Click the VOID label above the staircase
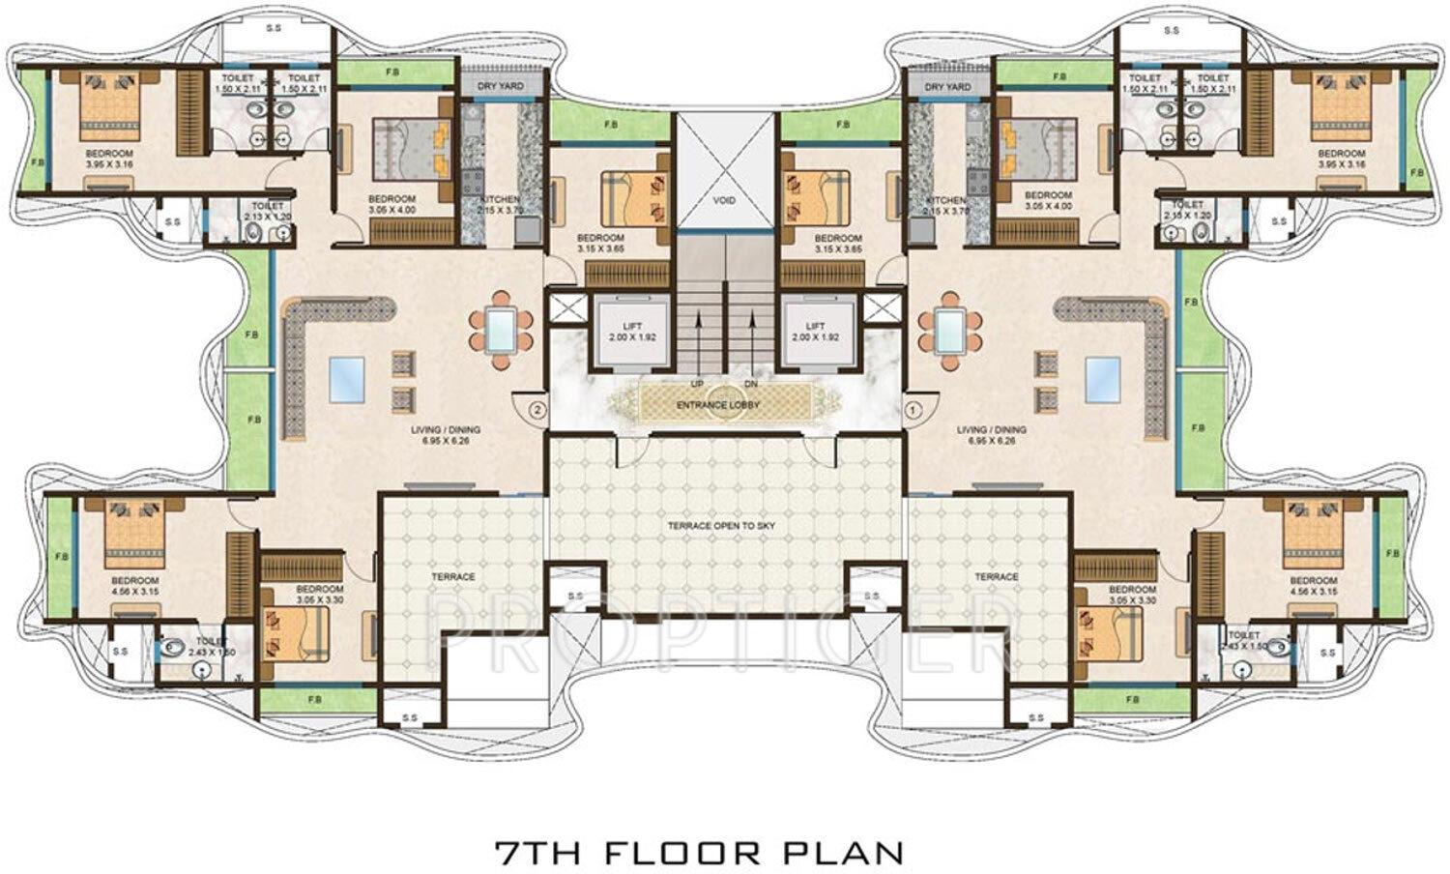(724, 200)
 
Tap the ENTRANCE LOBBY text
(717, 405)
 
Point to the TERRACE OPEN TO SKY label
(722, 526)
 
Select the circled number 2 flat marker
(538, 409)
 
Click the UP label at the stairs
(696, 384)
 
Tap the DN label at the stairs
(751, 384)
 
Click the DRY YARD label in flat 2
(500, 87)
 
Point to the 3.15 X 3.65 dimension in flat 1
(837, 249)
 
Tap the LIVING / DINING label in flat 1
(991, 430)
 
